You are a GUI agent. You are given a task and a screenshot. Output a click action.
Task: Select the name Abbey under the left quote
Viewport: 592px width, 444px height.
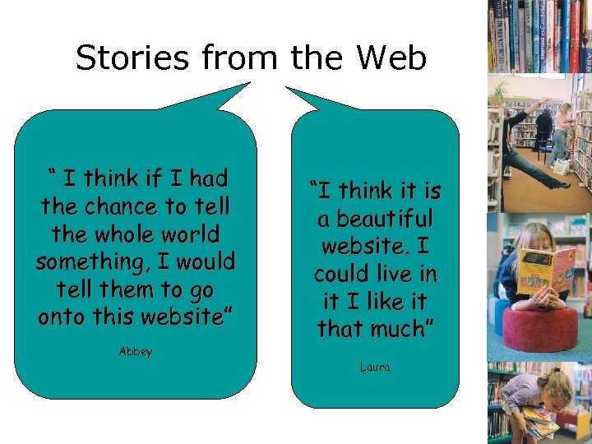136,351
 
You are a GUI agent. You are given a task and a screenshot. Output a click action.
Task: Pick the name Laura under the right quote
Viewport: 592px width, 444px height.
375,367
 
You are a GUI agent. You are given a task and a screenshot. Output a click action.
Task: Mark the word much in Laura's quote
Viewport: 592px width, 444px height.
403,330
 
